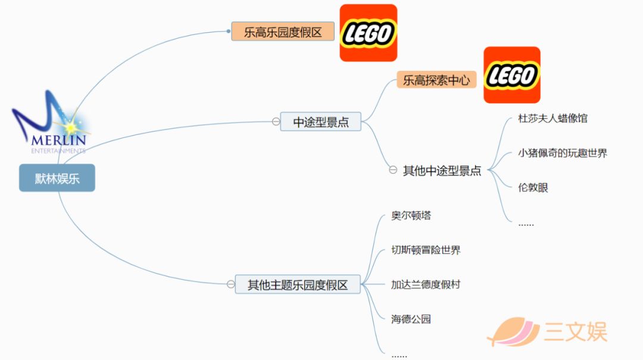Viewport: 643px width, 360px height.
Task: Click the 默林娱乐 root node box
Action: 57,178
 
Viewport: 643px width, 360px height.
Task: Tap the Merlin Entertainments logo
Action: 51,122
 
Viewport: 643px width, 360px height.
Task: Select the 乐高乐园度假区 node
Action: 283,32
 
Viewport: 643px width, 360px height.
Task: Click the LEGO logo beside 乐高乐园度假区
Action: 369,33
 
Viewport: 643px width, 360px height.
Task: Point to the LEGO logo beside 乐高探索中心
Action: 512,75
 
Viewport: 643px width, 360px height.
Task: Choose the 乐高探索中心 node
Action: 436,80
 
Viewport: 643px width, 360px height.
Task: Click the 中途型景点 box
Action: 321,122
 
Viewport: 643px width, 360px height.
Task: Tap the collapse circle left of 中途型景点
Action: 276,121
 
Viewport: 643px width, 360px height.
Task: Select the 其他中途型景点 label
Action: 442,171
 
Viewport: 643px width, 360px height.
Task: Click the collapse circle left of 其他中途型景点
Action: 393,170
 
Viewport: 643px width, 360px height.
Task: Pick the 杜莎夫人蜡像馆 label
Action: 553,118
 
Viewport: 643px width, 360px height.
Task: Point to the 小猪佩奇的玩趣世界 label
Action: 562,154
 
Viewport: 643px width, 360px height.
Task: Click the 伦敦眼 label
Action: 533,188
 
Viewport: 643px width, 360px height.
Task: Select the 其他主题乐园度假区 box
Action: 298,284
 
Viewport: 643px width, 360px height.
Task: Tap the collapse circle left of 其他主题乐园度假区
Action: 231,284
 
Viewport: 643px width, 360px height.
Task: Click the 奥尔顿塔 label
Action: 411,215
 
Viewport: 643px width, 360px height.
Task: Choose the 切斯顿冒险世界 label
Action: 426,250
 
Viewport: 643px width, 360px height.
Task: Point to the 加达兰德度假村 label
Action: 426,284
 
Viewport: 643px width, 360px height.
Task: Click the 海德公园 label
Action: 411,319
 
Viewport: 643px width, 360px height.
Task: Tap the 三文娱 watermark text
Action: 575,331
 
